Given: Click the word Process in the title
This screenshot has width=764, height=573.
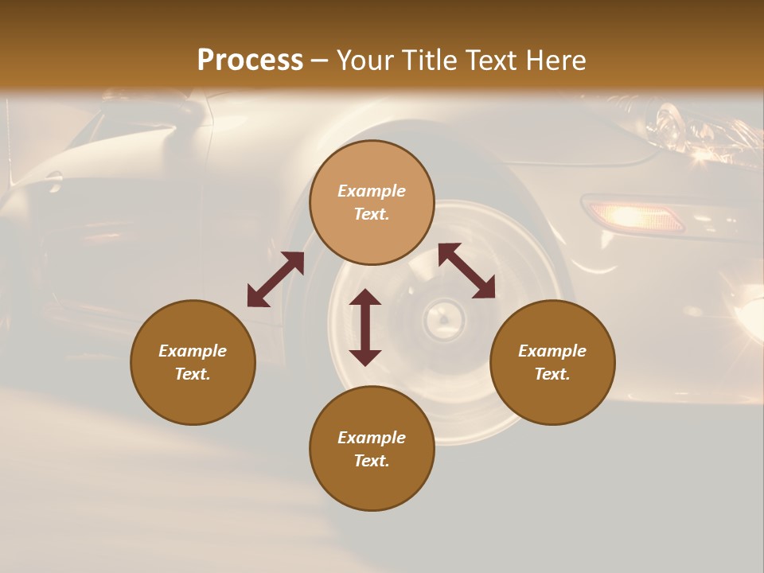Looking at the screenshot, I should click(x=250, y=60).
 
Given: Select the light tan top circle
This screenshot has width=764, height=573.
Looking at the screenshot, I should click(x=372, y=202).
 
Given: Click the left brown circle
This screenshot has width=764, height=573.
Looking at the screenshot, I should click(x=193, y=362).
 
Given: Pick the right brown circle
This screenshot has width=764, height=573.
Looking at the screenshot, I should click(x=552, y=362).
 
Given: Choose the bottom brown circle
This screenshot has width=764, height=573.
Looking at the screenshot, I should click(x=372, y=449).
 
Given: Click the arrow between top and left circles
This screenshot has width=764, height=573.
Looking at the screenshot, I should click(x=275, y=279).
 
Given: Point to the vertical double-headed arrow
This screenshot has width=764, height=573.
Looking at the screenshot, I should click(x=365, y=327).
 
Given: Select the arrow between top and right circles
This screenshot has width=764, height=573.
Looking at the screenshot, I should click(x=466, y=271).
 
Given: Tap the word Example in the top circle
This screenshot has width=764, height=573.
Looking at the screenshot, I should click(x=372, y=191).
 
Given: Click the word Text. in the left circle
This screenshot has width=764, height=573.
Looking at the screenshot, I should click(x=193, y=374).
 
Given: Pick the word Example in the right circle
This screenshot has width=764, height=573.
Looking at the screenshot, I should click(x=552, y=351).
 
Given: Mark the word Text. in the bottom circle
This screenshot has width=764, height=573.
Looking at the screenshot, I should click(x=372, y=461).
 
